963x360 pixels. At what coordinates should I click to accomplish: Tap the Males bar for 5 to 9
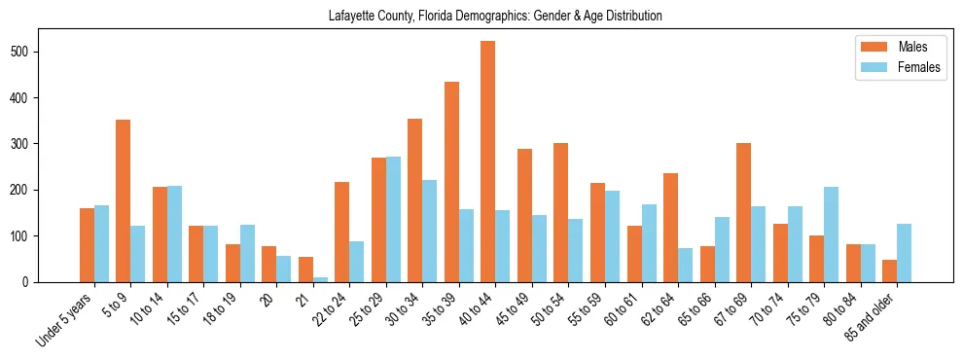pos(124,200)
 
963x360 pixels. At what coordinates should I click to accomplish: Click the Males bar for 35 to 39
pos(451,182)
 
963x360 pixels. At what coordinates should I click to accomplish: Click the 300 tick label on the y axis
pos(29,144)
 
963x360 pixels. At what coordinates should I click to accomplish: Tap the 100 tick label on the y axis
pos(29,235)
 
